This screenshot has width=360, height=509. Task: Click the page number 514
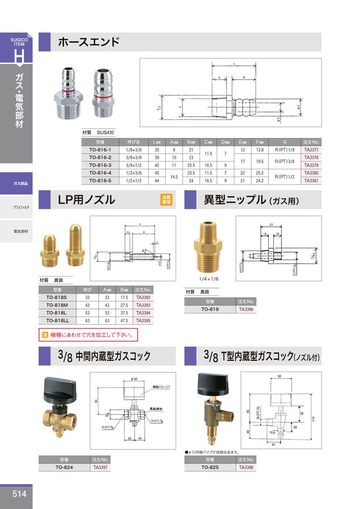coord(19,494)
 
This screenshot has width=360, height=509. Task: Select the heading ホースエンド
coord(89,42)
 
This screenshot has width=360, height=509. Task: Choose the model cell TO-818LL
coord(57,320)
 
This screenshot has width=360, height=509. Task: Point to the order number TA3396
coord(246,309)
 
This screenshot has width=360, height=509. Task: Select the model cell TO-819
coord(210,309)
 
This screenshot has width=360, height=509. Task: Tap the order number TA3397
coord(101,468)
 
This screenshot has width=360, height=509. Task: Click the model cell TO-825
coord(210,468)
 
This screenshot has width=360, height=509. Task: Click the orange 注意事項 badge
coord(166,200)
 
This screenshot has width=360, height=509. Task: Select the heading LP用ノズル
coord(87,200)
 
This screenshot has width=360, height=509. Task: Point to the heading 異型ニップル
coord(234,200)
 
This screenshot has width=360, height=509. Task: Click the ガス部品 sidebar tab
coord(19,184)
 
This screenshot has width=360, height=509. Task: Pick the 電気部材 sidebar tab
coord(19,232)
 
